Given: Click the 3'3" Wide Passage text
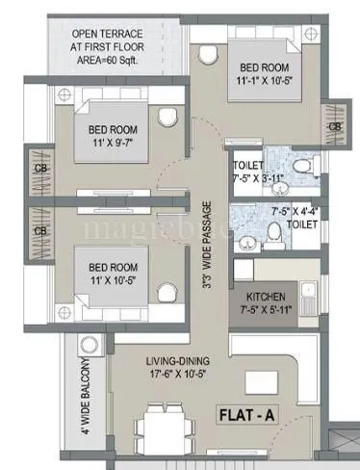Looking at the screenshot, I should point(205,251).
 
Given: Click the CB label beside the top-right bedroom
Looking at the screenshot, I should point(334,126).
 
